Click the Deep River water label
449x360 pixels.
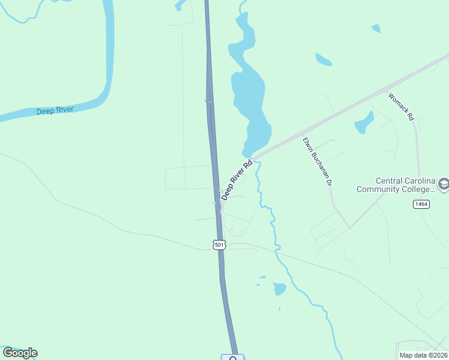(55, 110)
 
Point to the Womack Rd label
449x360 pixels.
(402, 107)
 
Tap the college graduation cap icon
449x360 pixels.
(443, 184)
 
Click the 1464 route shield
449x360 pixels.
(423, 205)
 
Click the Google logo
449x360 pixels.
(20, 353)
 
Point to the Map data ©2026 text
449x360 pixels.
(423, 355)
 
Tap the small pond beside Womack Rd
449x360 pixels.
(364, 123)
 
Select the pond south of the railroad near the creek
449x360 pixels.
(280, 289)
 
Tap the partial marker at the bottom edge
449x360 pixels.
(232, 358)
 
